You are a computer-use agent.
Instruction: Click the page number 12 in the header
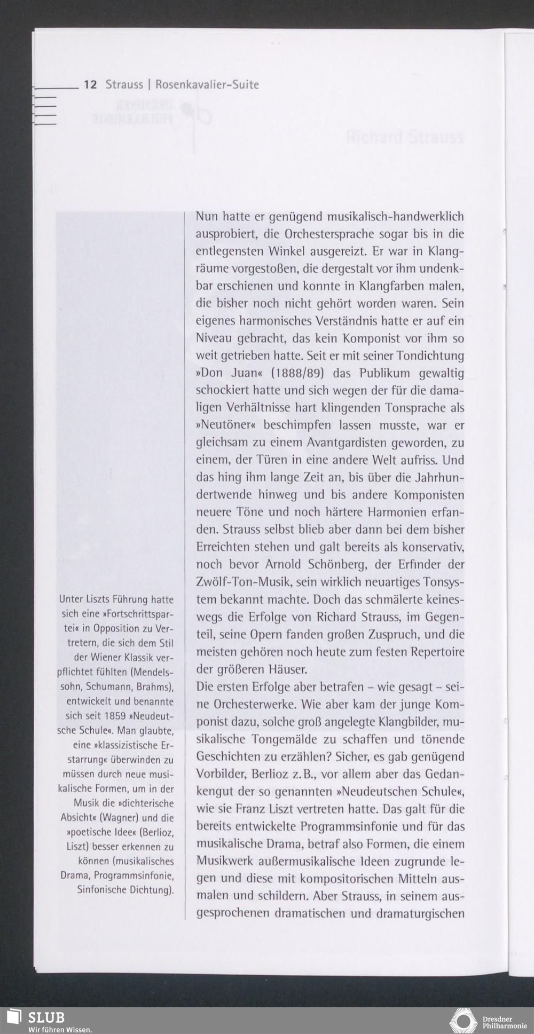(90, 85)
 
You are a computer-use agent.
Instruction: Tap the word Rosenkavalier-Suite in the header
(207, 85)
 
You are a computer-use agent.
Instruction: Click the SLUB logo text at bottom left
(46, 1016)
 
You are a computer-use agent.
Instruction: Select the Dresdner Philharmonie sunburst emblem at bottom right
(463, 1021)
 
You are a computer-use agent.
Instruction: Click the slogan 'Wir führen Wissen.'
(60, 1029)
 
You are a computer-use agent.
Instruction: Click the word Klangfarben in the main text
(391, 286)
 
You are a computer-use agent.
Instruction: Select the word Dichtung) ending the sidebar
(152, 890)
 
